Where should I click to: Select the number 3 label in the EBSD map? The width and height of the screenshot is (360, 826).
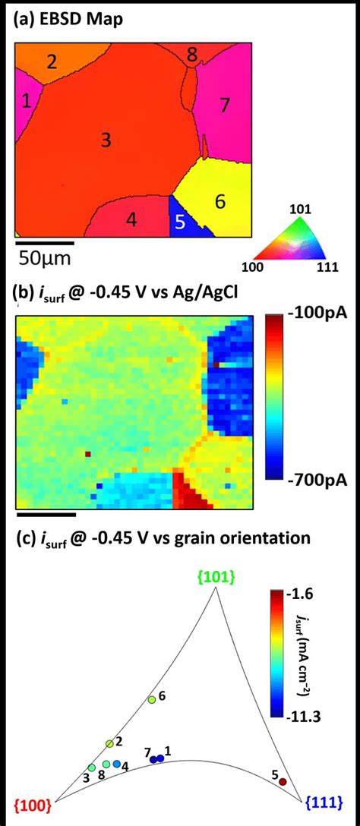[x=106, y=140]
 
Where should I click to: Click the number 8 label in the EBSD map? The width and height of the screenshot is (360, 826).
[x=192, y=54]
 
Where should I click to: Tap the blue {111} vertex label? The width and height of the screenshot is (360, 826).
[x=323, y=802]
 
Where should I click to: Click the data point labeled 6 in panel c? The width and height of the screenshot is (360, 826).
[x=152, y=698]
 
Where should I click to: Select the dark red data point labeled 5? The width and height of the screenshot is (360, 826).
[x=283, y=781]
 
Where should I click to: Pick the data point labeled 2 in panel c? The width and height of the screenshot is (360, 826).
[x=110, y=743]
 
